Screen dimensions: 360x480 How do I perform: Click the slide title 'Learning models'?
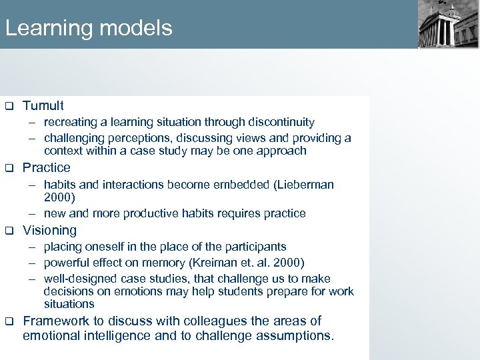(x=89, y=28)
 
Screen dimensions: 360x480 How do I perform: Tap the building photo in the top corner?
(x=448, y=24)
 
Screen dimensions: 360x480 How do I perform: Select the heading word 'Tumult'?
(x=43, y=105)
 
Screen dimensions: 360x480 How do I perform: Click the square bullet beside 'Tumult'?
(x=9, y=106)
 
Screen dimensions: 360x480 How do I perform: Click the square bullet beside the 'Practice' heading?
(x=9, y=168)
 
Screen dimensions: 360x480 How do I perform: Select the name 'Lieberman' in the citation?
(x=303, y=184)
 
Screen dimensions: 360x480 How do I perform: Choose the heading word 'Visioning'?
(x=49, y=230)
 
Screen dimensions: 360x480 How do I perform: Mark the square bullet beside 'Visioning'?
(x=9, y=231)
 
